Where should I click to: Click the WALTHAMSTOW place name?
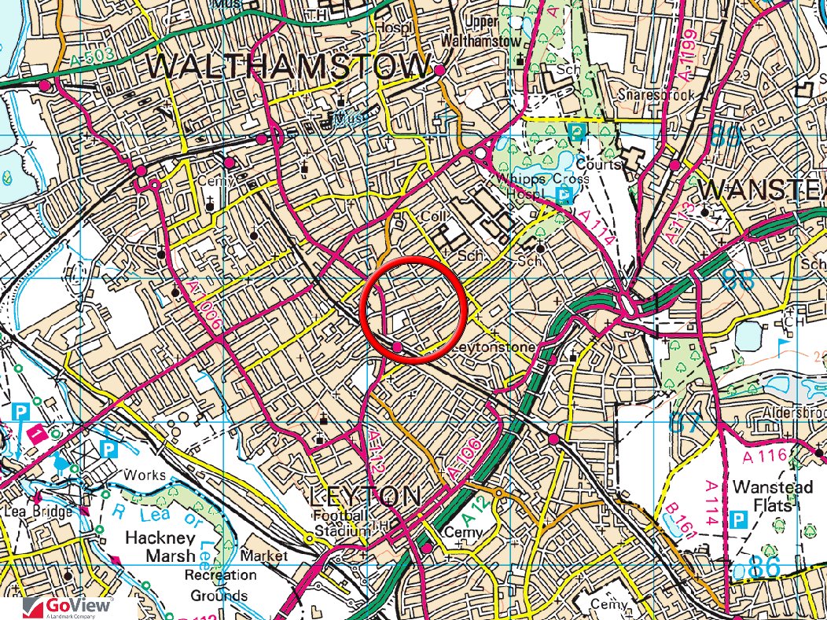click(289, 68)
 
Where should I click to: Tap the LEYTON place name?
click(366, 497)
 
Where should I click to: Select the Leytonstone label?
click(496, 347)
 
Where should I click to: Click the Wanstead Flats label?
click(771, 496)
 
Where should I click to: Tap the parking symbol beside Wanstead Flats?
click(738, 520)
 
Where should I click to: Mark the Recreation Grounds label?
click(221, 585)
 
